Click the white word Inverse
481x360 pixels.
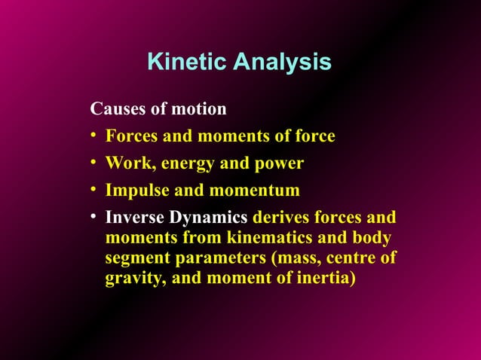coord(135,218)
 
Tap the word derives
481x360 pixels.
coord(280,218)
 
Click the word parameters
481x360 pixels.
coord(204,259)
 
